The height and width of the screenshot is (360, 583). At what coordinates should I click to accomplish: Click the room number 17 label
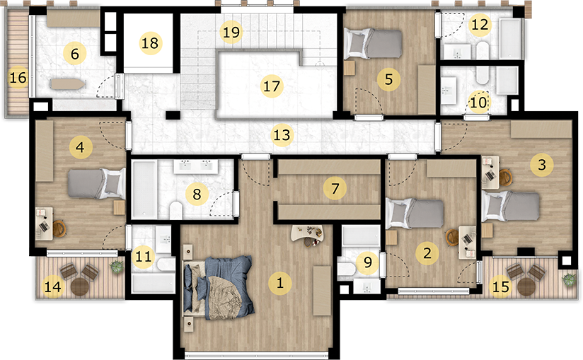click(x=272, y=86)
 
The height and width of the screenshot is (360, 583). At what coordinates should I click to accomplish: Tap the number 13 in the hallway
click(x=282, y=134)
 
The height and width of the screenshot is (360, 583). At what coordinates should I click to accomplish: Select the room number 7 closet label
click(x=335, y=188)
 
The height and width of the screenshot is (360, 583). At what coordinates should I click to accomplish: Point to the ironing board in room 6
click(x=69, y=83)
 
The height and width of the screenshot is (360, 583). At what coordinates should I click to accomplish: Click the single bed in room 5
click(x=374, y=44)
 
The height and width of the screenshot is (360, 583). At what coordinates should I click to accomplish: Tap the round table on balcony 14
click(x=80, y=286)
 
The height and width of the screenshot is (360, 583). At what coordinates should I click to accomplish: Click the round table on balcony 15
click(x=526, y=286)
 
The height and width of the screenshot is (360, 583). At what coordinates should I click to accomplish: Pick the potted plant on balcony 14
click(x=116, y=267)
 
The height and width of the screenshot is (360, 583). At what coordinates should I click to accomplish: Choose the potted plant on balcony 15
click(x=569, y=279)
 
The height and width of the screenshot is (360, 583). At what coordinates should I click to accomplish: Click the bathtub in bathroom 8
click(x=144, y=190)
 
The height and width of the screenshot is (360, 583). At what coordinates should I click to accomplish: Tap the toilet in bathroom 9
click(x=347, y=269)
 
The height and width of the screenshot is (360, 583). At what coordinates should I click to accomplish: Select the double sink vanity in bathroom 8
click(x=192, y=166)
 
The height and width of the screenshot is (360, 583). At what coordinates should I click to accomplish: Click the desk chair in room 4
click(x=59, y=228)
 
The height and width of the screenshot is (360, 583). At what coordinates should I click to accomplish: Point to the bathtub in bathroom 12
click(x=510, y=38)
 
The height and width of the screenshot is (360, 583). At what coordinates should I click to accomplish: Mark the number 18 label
click(x=150, y=42)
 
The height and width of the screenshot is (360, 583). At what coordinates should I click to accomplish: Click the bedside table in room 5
click(x=350, y=68)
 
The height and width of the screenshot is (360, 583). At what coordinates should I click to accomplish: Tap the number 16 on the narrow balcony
click(x=18, y=77)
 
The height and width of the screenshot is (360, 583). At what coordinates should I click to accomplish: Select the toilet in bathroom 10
click(x=483, y=75)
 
